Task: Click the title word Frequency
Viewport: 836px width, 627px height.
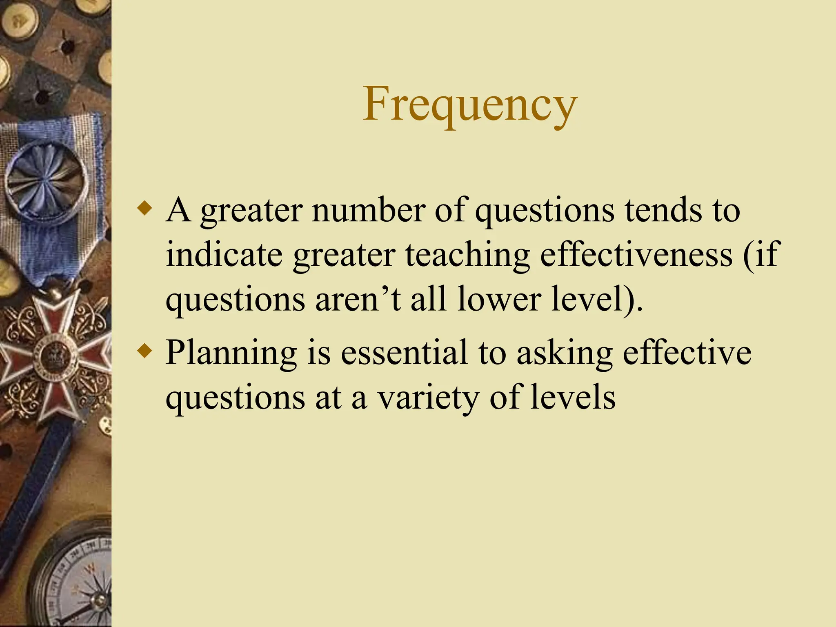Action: (469, 104)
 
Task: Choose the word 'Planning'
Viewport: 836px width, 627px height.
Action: (231, 354)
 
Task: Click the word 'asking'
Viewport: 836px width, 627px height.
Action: (564, 354)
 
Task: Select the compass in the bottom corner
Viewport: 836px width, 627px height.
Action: (78, 584)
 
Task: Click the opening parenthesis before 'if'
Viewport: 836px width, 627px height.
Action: (748, 255)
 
